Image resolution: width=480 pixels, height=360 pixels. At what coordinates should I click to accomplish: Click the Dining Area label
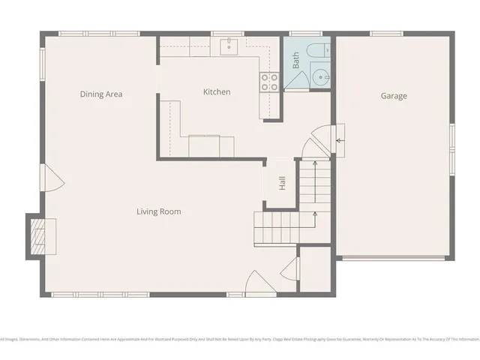pos(101,94)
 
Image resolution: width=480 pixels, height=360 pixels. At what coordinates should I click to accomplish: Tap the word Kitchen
pos(217,92)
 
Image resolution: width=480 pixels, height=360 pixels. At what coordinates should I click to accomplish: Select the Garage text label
pos(394,96)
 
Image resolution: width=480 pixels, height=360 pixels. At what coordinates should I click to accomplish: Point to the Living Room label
pos(158,211)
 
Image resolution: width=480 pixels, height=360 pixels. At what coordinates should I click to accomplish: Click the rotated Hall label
pos(282,183)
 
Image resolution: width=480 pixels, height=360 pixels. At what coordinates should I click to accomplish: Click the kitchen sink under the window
pos(229,47)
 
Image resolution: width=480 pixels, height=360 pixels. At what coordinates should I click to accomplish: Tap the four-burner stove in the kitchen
pos(268,82)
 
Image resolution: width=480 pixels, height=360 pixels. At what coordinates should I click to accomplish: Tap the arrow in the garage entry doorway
pos(340,140)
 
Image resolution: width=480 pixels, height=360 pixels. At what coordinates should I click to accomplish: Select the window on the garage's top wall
pos(393,34)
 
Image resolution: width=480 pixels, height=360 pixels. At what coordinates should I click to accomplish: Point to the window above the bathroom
pos(305,34)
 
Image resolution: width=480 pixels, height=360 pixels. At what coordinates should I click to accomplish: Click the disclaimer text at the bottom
pos(240,339)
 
